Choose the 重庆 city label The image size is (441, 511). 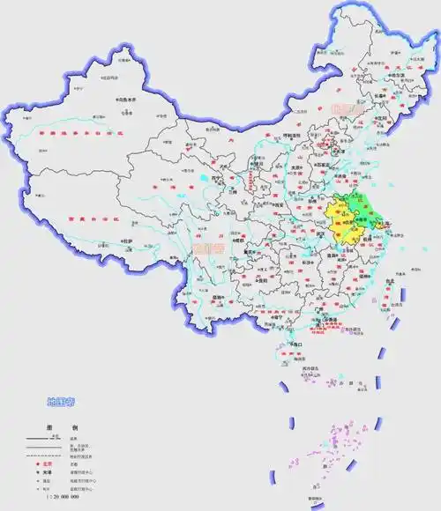click(263, 251)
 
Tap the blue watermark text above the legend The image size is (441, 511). click(63, 403)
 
